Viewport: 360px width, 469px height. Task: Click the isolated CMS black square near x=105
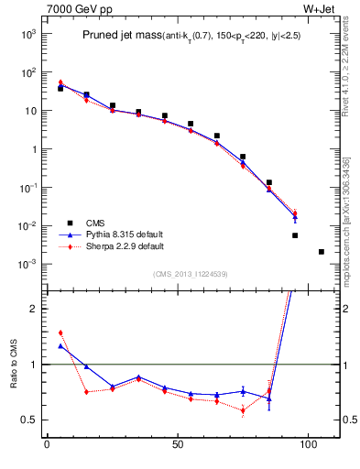(x=322, y=251)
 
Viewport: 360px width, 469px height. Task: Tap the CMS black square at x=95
(x=295, y=235)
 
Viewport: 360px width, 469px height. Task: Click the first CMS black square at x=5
(x=60, y=88)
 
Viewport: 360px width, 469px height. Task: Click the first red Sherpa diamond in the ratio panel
(x=60, y=333)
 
